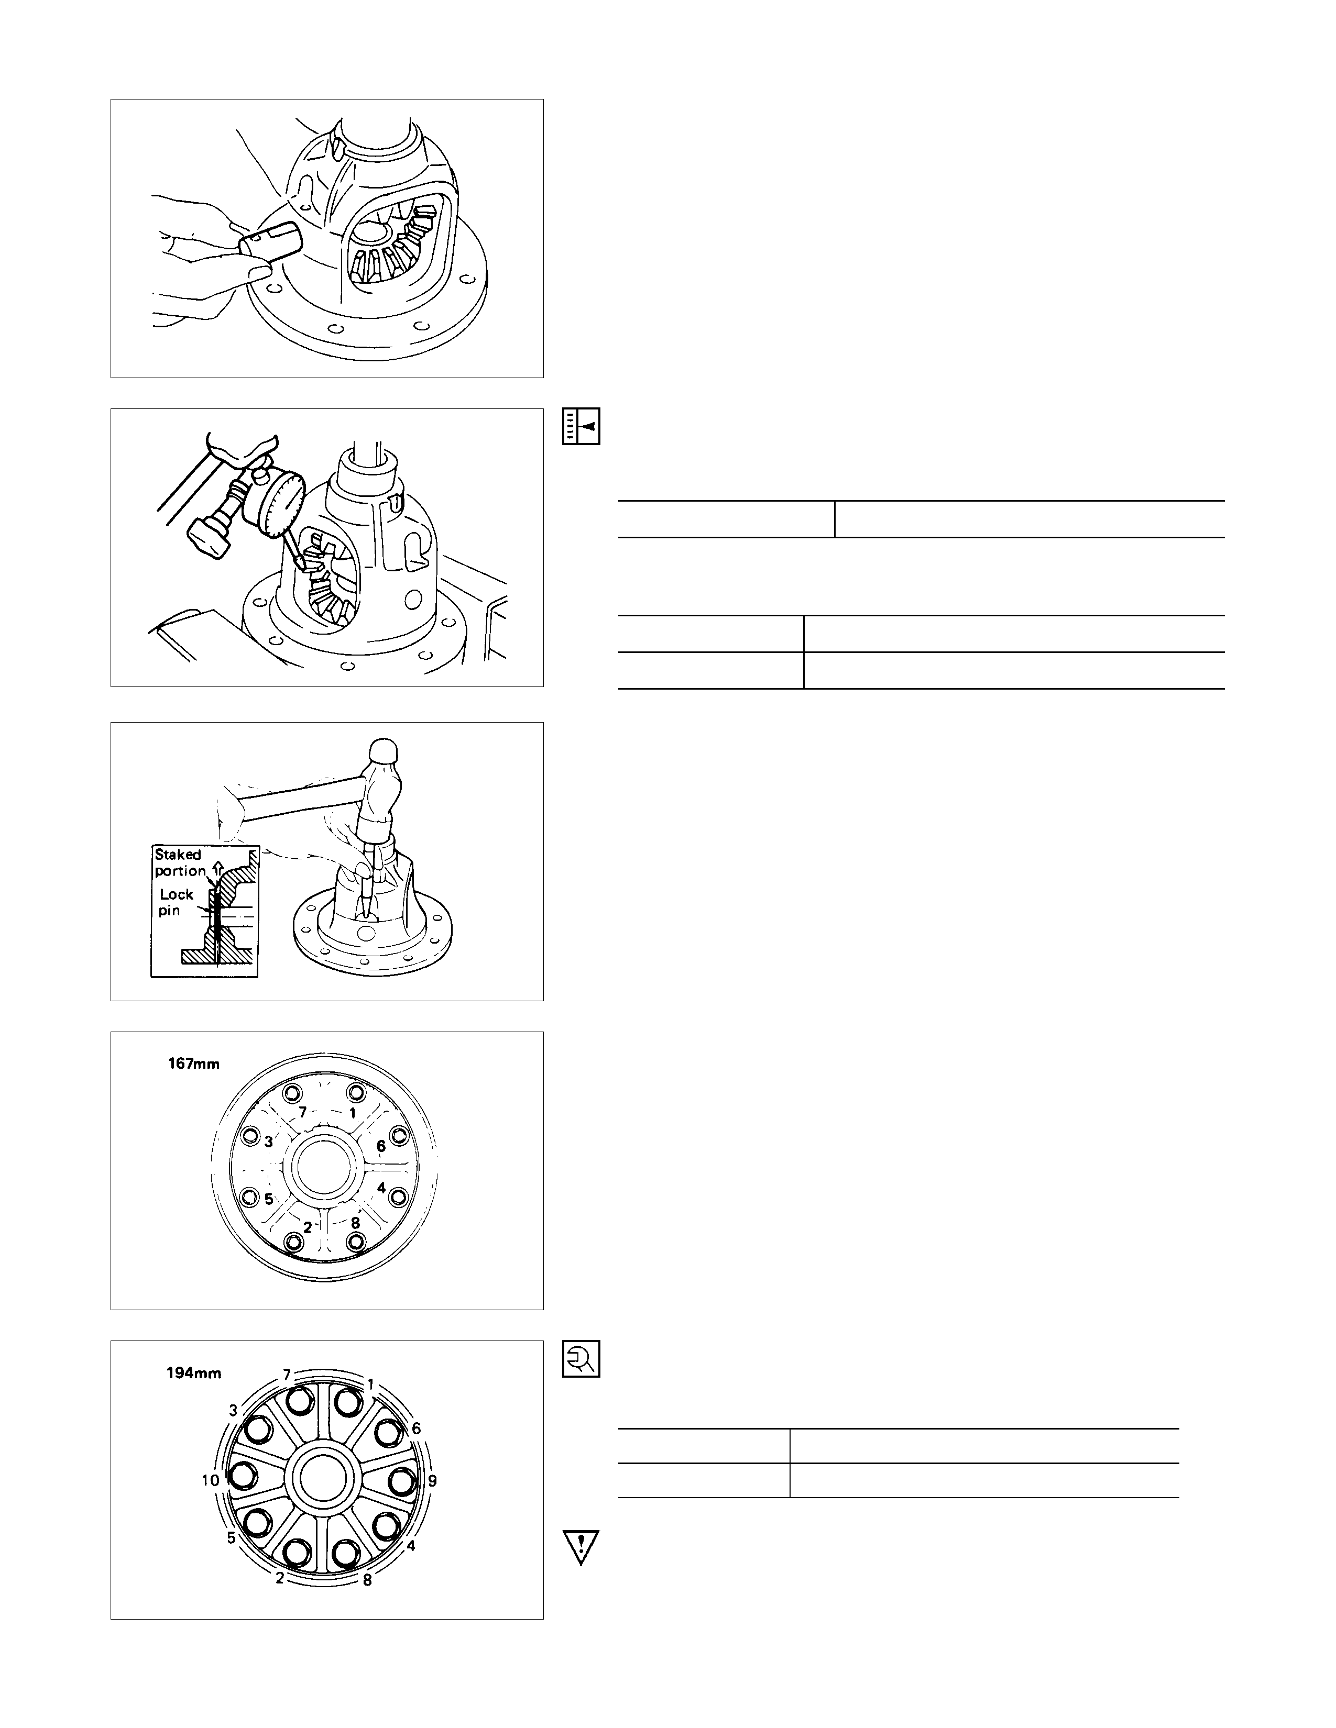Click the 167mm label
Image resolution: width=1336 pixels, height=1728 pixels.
[x=194, y=1064]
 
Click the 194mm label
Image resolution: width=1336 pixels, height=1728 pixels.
[x=194, y=1373]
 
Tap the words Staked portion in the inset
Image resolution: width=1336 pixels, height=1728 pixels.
[x=180, y=862]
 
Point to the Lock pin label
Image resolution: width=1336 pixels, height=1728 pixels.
[x=175, y=902]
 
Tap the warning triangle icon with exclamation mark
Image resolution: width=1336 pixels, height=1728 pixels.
[x=581, y=1547]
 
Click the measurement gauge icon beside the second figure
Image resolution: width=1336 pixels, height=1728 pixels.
[x=581, y=426]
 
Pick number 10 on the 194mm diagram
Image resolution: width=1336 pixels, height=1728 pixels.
[x=210, y=1480]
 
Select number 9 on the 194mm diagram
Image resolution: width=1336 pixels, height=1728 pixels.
[x=432, y=1480]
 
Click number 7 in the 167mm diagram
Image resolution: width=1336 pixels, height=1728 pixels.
[x=302, y=1112]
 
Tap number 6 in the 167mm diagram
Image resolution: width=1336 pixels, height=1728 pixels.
[x=381, y=1146]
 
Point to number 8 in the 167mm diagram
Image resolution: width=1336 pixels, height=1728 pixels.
[x=355, y=1222]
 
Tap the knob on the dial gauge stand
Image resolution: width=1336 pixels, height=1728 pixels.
[x=208, y=537]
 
